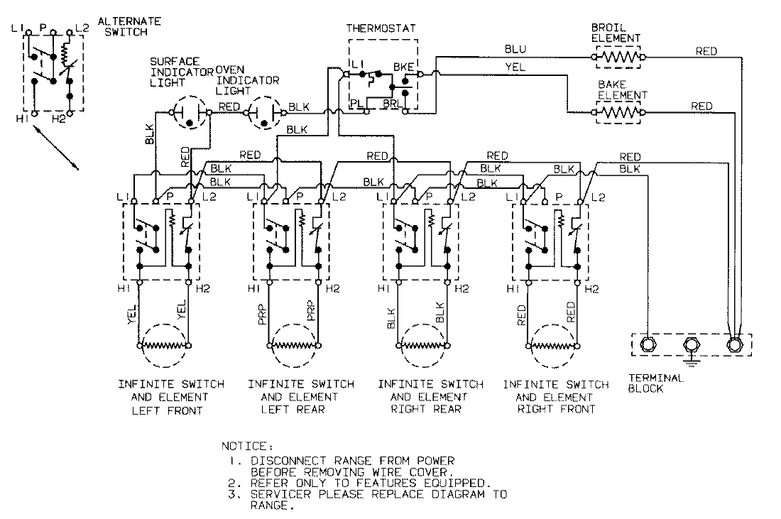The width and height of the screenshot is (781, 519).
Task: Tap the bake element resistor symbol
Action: (618, 111)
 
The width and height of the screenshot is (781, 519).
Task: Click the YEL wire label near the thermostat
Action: (515, 69)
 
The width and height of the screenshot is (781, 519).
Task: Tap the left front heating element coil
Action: (165, 346)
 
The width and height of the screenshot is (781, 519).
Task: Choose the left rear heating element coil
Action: (295, 346)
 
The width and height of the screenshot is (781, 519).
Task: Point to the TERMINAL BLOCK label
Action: (656, 383)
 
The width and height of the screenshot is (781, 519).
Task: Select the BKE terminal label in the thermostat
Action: (403, 66)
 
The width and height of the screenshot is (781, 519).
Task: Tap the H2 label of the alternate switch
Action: (59, 119)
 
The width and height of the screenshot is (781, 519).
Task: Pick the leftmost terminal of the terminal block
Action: (648, 346)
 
